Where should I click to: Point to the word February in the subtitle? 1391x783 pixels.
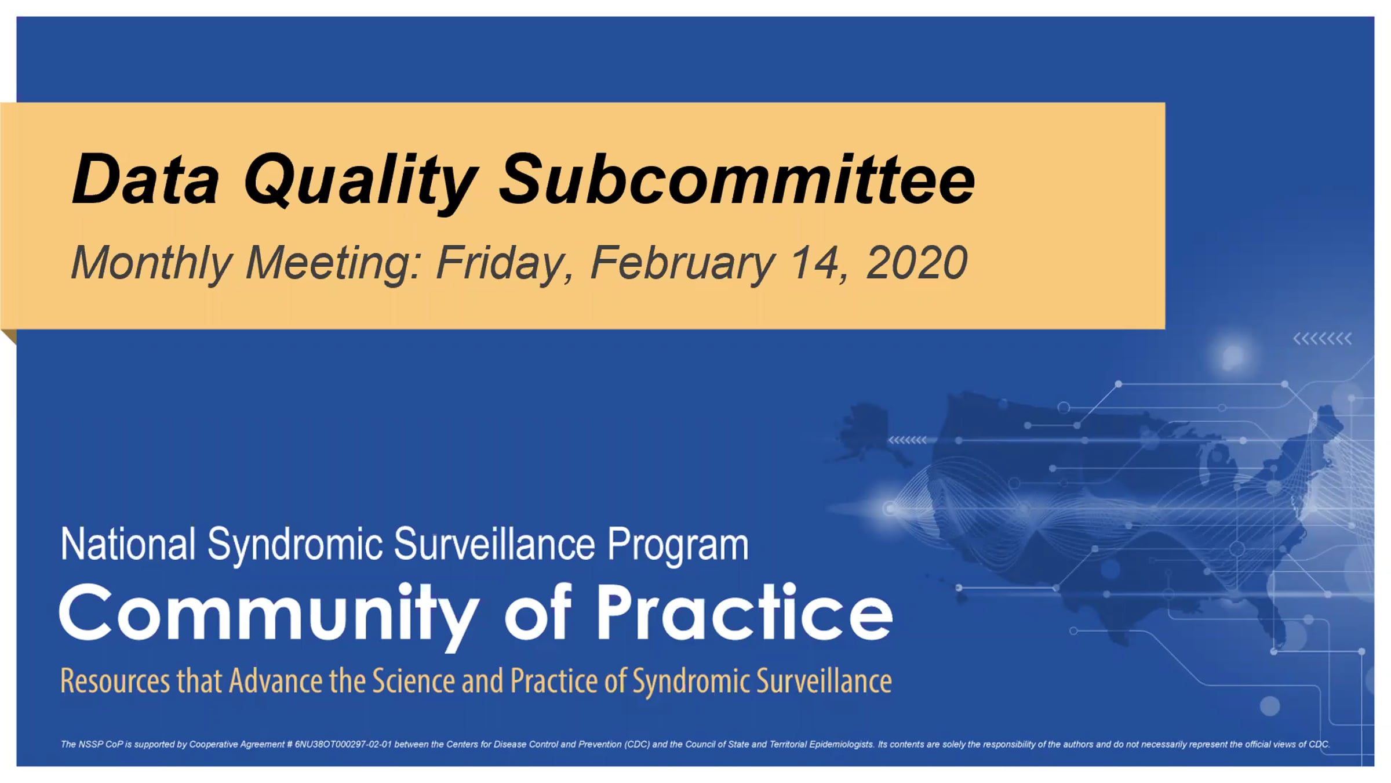point(682,264)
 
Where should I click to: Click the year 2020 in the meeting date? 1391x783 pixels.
point(916,262)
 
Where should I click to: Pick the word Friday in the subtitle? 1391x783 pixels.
point(504,264)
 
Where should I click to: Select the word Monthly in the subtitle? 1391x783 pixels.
point(151,264)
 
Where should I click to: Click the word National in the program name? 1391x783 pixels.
point(128,544)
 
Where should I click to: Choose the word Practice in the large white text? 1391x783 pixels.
point(745,611)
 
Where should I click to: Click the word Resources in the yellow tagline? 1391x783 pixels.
point(115,681)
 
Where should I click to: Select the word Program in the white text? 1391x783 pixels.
point(678,545)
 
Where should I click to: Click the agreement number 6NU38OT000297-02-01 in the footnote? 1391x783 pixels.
point(343,744)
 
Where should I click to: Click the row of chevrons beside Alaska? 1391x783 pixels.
point(908,440)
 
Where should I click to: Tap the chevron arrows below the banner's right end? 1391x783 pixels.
point(1322,339)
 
